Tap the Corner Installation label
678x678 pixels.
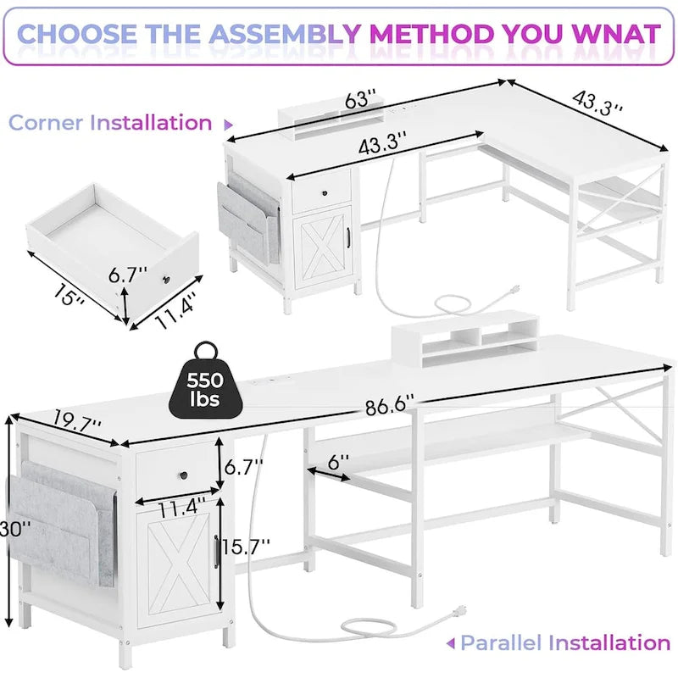tap(110, 122)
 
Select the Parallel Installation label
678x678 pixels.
tap(566, 642)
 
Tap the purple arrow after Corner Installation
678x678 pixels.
tap(228, 124)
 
